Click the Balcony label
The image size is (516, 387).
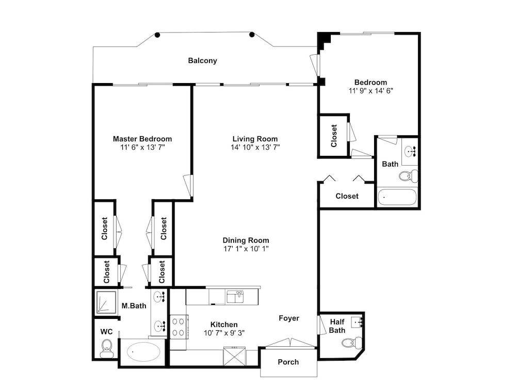[x=202, y=60]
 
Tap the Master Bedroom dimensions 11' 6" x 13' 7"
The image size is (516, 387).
[x=142, y=147]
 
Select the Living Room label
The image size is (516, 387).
[x=255, y=139]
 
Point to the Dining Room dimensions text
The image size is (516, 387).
[x=246, y=249]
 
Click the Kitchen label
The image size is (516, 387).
[x=224, y=325]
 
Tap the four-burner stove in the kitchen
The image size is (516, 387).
[x=179, y=327]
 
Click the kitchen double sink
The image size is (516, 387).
[x=235, y=296]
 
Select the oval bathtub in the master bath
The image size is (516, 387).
[x=143, y=352]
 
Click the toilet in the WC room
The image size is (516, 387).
[x=106, y=349]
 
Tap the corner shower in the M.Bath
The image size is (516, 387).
[x=106, y=302]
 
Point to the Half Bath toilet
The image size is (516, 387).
[x=352, y=343]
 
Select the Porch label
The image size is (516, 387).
[x=288, y=362]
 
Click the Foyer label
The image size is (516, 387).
[x=289, y=318]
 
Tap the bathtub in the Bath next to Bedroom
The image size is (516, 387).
[x=397, y=197]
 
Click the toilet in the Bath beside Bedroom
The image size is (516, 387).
[x=408, y=176]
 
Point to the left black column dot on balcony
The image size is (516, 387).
[x=157, y=35]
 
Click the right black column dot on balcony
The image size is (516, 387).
[x=252, y=35]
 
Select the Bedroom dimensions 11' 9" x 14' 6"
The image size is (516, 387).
[x=371, y=91]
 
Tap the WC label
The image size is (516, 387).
[x=106, y=332]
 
